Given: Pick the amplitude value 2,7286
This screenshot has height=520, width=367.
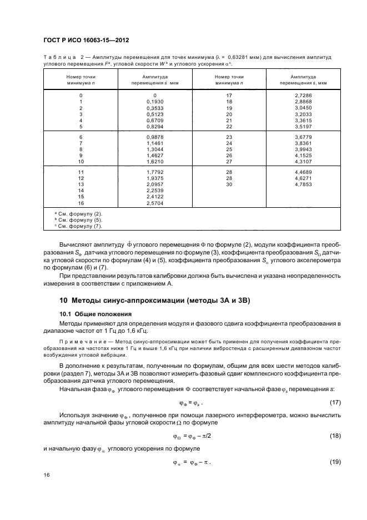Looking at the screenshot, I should [x=303, y=96].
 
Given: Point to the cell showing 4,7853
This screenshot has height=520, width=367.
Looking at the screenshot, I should [x=303, y=183].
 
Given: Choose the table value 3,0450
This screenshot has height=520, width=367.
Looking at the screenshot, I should [x=303, y=108].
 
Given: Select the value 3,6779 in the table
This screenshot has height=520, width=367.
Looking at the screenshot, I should [x=303, y=137].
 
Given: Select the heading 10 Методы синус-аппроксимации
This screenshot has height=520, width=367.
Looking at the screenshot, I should [x=155, y=301].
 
